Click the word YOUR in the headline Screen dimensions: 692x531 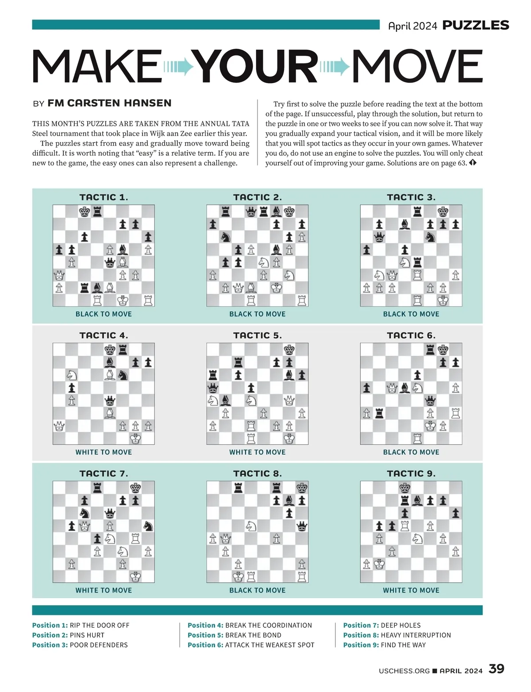click(x=257, y=66)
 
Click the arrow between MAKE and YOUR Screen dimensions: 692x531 click(x=179, y=67)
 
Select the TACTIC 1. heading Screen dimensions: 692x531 click(x=104, y=197)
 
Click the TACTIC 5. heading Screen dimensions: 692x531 click(x=258, y=335)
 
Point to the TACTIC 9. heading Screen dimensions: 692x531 click(x=411, y=473)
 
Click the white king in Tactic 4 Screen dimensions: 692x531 click(x=135, y=438)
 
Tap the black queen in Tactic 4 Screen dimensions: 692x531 click(x=110, y=401)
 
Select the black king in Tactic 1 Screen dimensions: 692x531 click(x=85, y=211)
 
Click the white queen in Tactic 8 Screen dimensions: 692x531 click(x=226, y=538)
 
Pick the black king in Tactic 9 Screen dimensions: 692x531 click(x=404, y=488)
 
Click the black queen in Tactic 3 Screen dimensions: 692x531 click(x=379, y=238)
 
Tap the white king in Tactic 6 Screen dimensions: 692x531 click(x=430, y=426)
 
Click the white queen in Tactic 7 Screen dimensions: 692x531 click(x=85, y=527)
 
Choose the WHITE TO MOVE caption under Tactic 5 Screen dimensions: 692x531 click(x=258, y=452)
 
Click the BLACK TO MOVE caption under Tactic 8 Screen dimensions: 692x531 click(x=258, y=590)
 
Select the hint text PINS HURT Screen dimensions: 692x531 click(x=87, y=635)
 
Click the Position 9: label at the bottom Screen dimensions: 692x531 click(x=361, y=645)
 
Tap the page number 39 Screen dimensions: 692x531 click(x=496, y=669)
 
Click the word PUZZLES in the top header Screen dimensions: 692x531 click(x=476, y=25)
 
